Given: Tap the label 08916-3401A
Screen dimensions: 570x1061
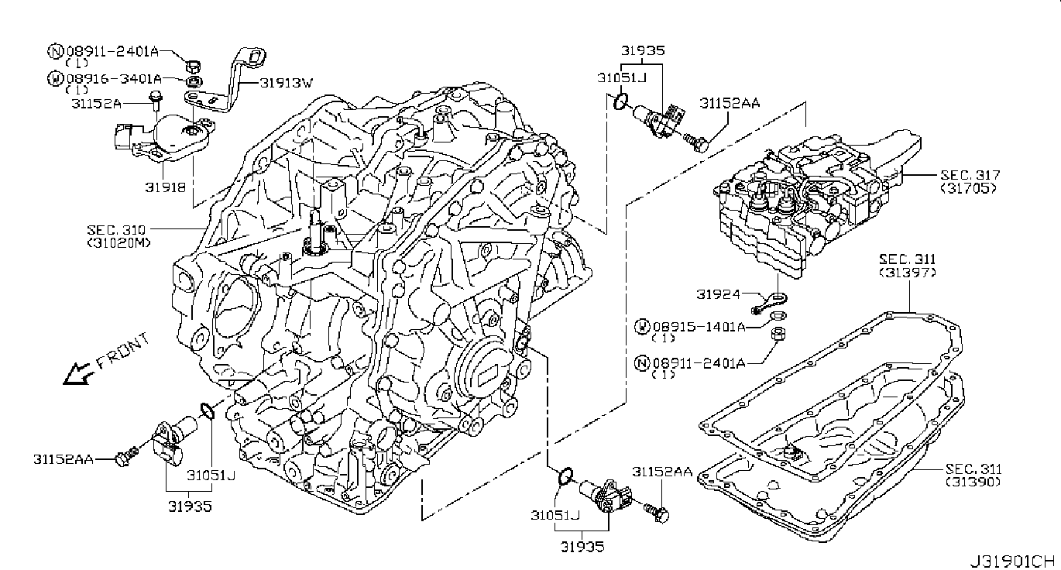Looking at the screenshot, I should point(114,79).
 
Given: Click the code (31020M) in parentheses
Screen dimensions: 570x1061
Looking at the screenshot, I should point(119,242).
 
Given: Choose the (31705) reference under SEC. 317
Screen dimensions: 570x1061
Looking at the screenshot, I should point(968,187).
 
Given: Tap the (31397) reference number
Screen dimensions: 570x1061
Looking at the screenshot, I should point(908,273).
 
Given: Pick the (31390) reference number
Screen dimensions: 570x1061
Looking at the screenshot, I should point(973,481).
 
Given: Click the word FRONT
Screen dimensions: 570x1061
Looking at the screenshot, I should point(120,350).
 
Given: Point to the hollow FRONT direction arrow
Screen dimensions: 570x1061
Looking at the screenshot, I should point(75,375).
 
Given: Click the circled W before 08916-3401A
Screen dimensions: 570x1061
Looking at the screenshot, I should point(56,79).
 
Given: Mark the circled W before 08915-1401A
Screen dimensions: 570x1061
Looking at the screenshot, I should point(641,327).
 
